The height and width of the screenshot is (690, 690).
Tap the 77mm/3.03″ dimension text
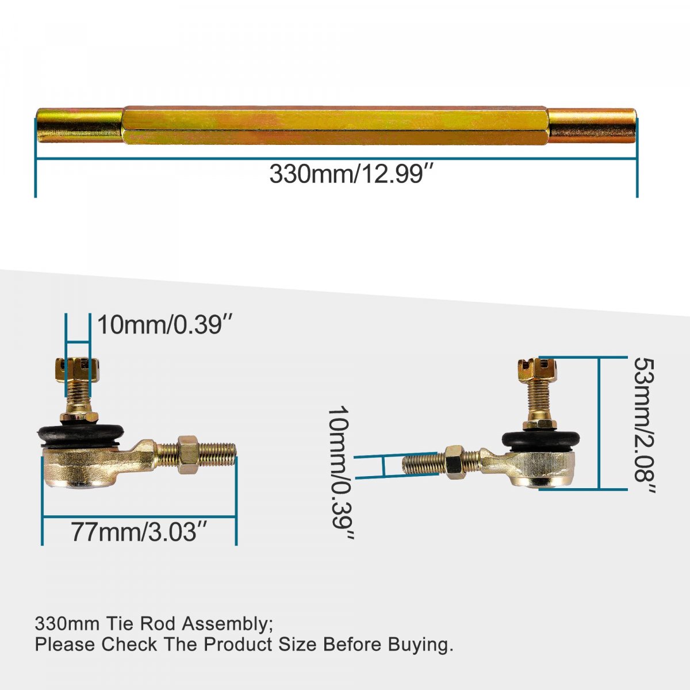139,531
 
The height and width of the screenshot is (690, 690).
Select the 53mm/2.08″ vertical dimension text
644,425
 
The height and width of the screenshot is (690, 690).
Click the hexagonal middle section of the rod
335,126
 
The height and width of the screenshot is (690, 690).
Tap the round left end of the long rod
79,125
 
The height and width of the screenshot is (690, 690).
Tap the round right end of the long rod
592,125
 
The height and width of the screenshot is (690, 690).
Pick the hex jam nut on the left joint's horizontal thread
188,454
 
